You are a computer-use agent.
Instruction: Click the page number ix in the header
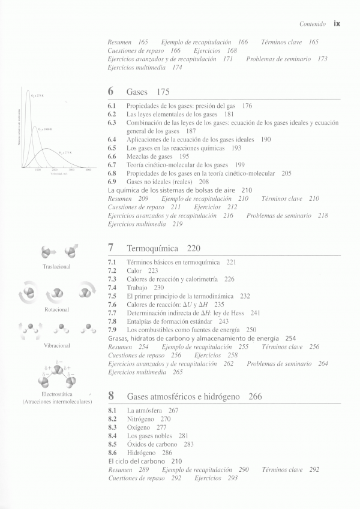(x=337, y=25)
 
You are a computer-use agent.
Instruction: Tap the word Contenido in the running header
(x=313, y=25)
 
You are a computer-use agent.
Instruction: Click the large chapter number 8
(x=111, y=396)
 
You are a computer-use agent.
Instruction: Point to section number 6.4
(x=112, y=139)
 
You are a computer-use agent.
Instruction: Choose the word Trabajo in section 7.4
(x=137, y=288)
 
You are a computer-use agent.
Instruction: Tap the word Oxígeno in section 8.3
(x=139, y=427)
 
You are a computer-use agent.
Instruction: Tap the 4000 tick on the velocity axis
(x=88, y=171)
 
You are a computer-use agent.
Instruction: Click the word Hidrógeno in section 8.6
(x=142, y=453)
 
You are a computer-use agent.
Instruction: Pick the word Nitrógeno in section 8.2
(x=141, y=419)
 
